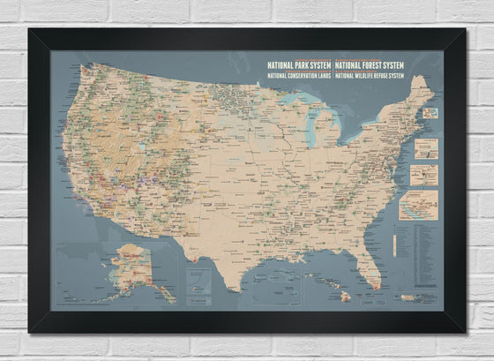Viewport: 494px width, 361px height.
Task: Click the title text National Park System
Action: pos(299,64)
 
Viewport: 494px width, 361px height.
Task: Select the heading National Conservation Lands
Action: pos(299,75)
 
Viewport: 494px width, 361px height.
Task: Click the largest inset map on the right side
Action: pos(417,205)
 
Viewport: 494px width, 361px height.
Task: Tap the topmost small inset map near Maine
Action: pos(430,113)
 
